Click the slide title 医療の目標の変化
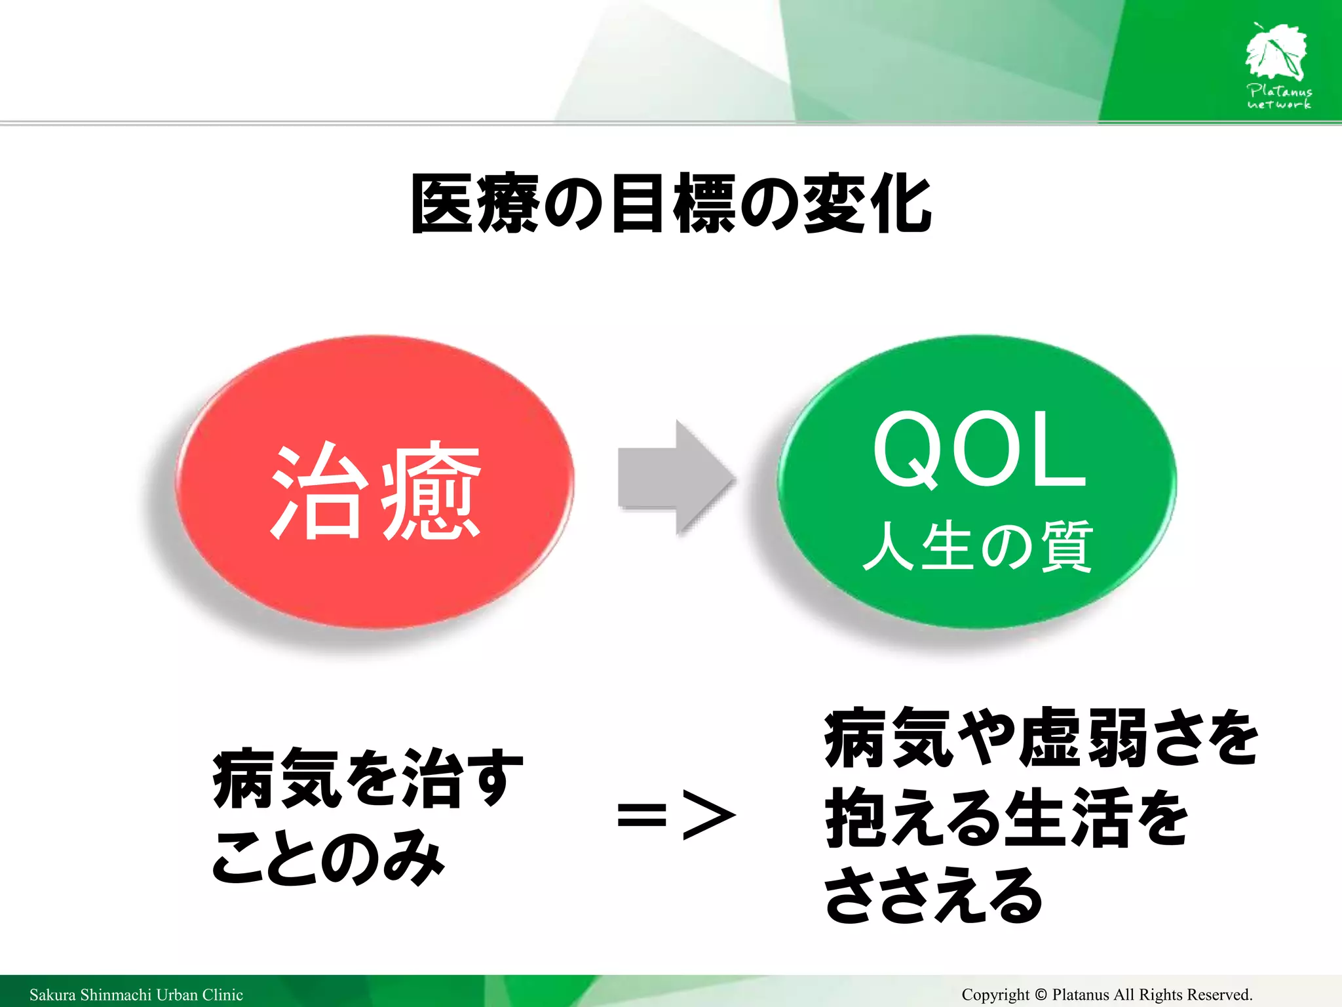point(671,204)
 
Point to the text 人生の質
point(978,546)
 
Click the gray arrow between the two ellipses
point(675,477)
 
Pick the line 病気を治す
point(368,778)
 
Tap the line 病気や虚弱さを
point(1041,738)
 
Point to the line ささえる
point(933,896)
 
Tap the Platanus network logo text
point(1279,97)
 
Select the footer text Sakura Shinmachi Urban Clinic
point(136,995)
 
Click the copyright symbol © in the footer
point(1041,995)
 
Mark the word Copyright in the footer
point(995,995)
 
